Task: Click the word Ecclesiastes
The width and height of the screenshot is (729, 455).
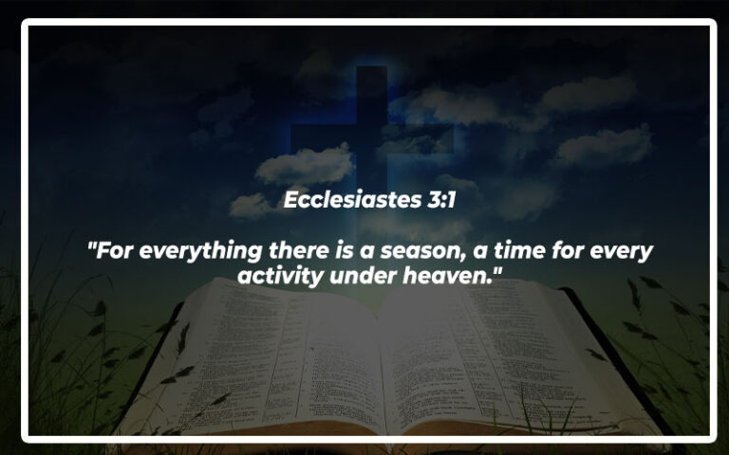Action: click(346, 201)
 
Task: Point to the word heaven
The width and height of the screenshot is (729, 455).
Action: click(464, 276)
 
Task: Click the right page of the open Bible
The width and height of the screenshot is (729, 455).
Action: click(494, 360)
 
